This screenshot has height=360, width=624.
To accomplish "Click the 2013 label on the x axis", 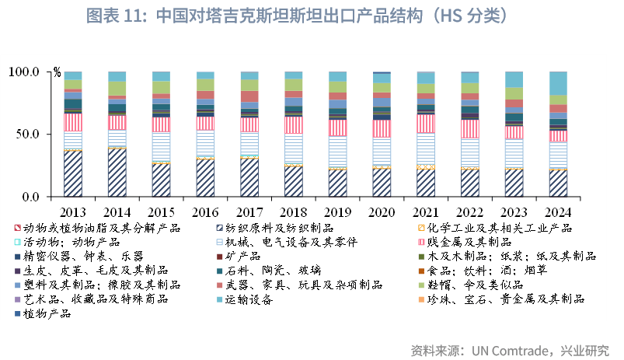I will click(x=73, y=212).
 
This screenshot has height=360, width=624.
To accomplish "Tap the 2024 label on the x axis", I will click(x=558, y=212).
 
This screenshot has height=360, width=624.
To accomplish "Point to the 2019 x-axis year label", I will click(x=337, y=212).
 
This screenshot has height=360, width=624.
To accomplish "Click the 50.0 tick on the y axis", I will click(x=26, y=134).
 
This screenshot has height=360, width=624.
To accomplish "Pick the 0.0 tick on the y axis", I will click(x=30, y=196).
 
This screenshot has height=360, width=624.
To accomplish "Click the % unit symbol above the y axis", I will click(x=57, y=72).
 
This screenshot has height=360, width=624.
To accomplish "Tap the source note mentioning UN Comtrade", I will click(x=510, y=348).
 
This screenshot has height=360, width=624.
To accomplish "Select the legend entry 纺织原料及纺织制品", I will click(x=280, y=227).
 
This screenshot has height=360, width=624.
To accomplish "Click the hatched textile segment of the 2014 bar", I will click(x=117, y=172).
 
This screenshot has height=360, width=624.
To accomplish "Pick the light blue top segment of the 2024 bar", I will click(x=558, y=82).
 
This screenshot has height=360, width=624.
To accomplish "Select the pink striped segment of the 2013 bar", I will click(x=73, y=122).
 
